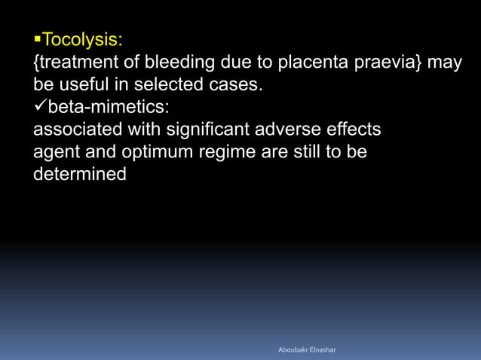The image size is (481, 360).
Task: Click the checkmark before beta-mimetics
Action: pos(41,106)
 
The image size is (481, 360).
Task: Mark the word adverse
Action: pos(310,130)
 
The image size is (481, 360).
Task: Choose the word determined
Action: pos(80,175)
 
